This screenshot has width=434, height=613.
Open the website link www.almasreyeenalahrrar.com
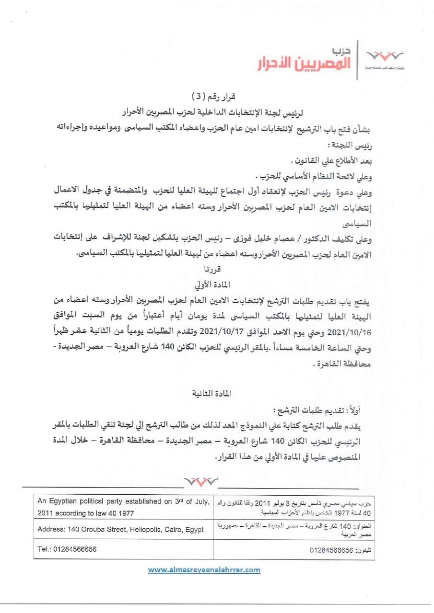(x=204, y=570)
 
